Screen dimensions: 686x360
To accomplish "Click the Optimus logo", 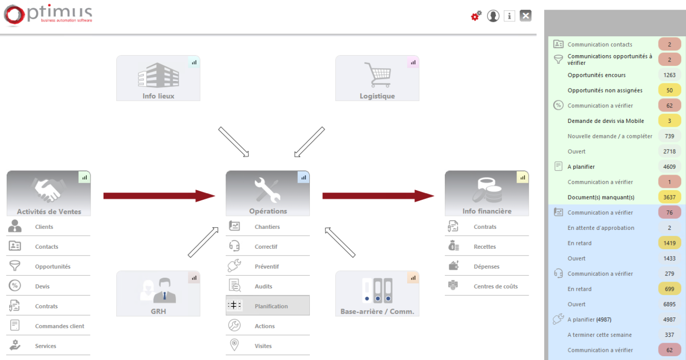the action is pos(48,15).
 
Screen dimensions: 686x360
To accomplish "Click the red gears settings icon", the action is pos(476,15).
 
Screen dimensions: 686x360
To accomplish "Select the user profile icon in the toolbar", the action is pos(493,16).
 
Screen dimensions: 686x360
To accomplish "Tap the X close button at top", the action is pos(526,16).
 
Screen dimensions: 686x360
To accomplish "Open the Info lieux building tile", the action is pos(158,78).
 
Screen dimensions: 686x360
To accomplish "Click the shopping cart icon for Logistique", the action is pos(378,75).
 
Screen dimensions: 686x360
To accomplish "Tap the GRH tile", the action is pos(158,293).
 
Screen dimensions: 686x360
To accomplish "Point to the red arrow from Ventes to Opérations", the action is pos(159,196).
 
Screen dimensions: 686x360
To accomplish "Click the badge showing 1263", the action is pos(670,75).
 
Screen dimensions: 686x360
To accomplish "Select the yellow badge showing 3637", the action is pos(670,197).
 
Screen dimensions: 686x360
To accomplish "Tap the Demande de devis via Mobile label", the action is pos(606,121).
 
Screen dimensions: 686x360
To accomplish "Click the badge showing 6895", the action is pos(670,304).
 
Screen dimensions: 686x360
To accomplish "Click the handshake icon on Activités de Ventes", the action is pos(48,190).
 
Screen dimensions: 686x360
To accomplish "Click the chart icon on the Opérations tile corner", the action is pos(304,178).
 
